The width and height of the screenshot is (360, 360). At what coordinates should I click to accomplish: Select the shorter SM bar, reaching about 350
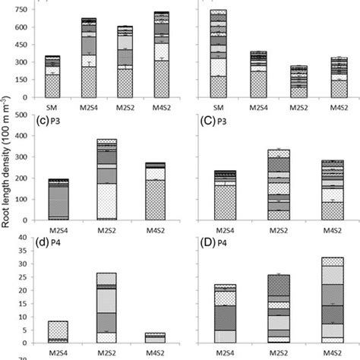point(52,76)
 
